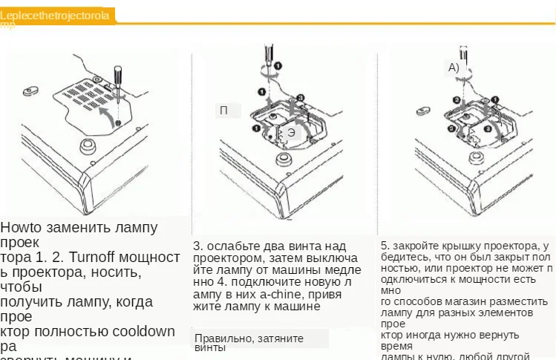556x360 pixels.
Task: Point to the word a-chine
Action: click(x=282, y=293)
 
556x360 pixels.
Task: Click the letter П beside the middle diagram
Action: click(x=223, y=111)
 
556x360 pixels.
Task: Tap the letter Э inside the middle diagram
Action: click(x=291, y=132)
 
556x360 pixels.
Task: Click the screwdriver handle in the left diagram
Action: click(x=117, y=75)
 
